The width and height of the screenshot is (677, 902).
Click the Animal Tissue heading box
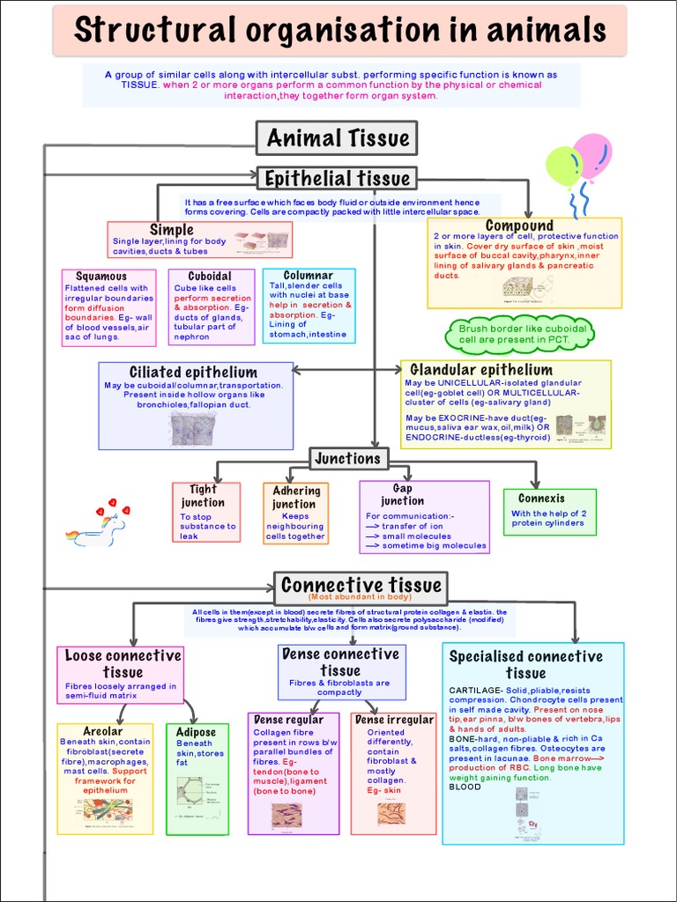[x=337, y=138]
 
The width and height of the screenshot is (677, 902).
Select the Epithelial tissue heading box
[x=337, y=179]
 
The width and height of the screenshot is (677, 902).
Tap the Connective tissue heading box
[x=360, y=587]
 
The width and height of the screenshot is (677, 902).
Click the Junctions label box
[x=347, y=458]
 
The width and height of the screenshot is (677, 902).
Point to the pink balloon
[x=593, y=153]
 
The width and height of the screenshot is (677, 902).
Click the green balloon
[x=564, y=166]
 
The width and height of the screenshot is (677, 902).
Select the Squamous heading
[x=101, y=276]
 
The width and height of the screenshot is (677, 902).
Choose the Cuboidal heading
[x=210, y=276]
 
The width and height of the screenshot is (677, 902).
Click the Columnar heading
[x=309, y=275]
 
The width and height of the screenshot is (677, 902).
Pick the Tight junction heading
[x=203, y=496]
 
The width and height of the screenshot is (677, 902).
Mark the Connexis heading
[x=541, y=499]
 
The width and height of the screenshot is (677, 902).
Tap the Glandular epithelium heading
[x=481, y=370]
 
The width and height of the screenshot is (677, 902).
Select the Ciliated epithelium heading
[x=193, y=372]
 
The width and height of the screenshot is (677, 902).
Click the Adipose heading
[x=196, y=732]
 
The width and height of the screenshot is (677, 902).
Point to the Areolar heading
[x=103, y=731]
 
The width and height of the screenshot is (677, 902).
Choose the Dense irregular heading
[x=394, y=720]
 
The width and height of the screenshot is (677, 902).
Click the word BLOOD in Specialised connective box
[x=465, y=787]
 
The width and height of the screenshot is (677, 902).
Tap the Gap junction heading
[x=402, y=495]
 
